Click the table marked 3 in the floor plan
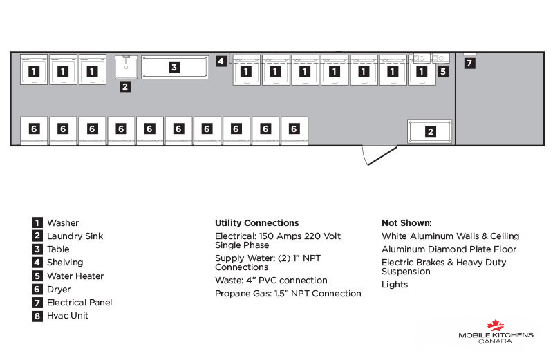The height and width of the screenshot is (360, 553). coord(175,67)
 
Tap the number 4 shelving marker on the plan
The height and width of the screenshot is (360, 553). coord(221,61)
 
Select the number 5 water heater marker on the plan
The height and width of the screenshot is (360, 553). coord(443,72)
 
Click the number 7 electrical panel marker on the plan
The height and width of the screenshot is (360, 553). coord(469,64)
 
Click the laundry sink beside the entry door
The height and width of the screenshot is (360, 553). coord(429,131)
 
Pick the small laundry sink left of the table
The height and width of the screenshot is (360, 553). coord(126,67)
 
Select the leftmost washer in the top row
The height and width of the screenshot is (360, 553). coord(34,70)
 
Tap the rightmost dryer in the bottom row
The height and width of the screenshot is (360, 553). coord(294,131)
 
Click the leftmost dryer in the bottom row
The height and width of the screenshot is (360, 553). coord(34,131)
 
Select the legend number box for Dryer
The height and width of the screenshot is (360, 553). coord(37,290)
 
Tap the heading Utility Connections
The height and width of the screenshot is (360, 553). coord(256,222)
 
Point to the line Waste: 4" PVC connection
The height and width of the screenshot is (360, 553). coord(271,281)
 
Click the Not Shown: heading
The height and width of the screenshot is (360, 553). coord(406,222)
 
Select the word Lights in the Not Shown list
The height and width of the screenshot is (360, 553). coord(395,285)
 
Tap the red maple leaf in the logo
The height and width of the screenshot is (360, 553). coord(496,325)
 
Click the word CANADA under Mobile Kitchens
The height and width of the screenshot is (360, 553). coord(495,341)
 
